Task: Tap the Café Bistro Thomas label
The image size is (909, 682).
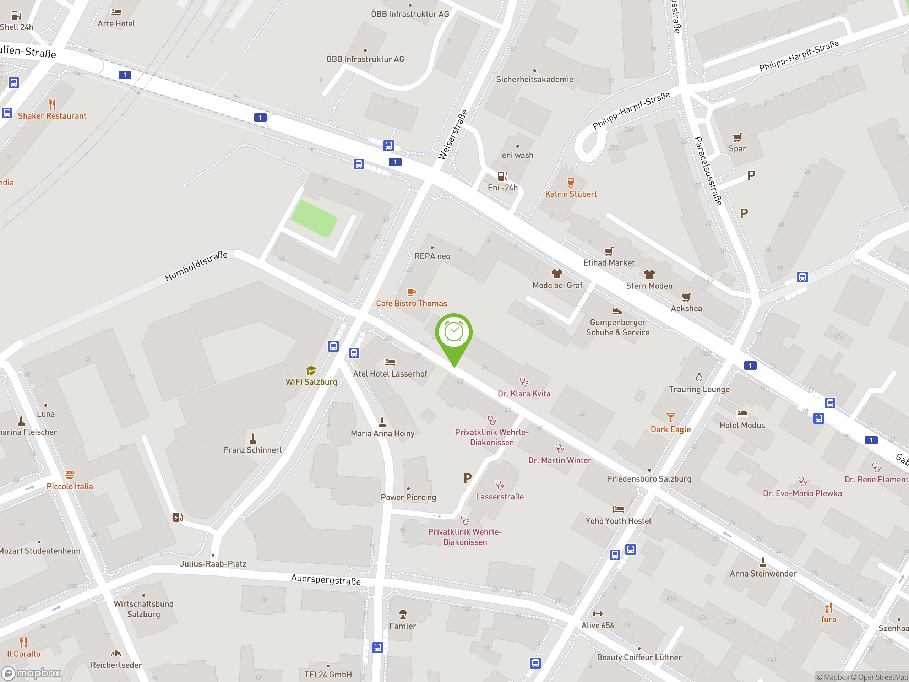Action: [411, 303]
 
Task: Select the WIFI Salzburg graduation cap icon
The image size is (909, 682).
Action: [311, 371]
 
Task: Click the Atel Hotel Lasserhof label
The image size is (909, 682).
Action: [390, 374]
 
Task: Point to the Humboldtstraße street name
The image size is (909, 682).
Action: [196, 266]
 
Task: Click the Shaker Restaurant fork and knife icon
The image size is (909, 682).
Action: [52, 104]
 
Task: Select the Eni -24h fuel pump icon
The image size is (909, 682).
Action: [502, 176]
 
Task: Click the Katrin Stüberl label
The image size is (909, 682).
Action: [571, 194]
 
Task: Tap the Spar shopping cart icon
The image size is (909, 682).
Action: [737, 137]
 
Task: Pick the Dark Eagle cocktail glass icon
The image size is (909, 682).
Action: [671, 418]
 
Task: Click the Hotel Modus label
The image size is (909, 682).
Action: [742, 426]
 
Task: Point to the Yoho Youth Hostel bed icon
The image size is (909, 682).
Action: [619, 509]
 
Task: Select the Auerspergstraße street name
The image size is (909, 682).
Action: [326, 580]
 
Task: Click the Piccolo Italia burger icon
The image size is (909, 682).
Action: [70, 475]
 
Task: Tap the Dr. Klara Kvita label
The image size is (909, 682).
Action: [524, 394]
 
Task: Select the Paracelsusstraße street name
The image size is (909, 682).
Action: [708, 170]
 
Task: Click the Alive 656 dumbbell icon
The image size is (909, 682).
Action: [598, 614]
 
